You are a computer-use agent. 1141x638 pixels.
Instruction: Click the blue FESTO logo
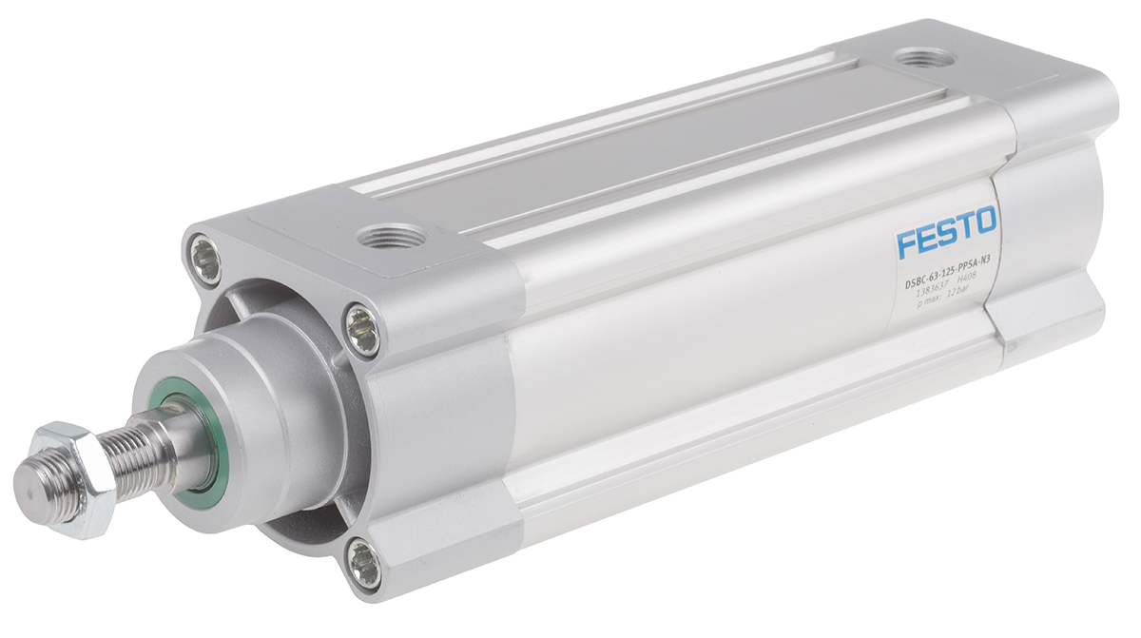[945, 231]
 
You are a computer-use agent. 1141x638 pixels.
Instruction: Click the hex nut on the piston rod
[73, 477]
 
